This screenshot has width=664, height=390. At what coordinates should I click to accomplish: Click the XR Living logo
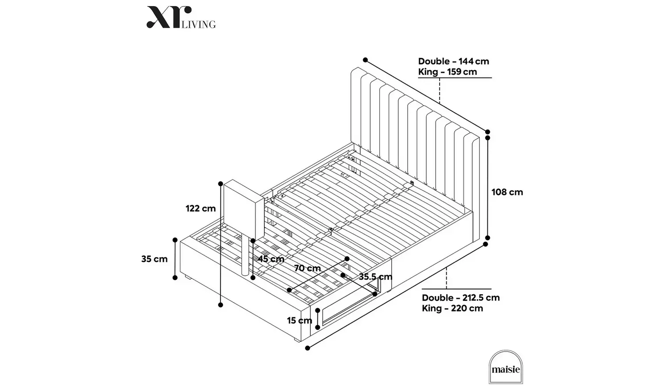click(x=181, y=18)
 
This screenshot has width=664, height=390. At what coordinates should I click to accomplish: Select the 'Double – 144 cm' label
click(x=453, y=61)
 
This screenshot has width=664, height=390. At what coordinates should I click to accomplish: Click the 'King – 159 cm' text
click(x=448, y=72)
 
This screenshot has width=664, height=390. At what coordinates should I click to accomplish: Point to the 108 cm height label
click(x=507, y=192)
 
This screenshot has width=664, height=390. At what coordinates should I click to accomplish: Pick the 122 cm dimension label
click(x=201, y=208)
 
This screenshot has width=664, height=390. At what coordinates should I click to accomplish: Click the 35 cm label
click(x=154, y=259)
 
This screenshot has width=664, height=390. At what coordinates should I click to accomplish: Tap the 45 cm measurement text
click(x=271, y=259)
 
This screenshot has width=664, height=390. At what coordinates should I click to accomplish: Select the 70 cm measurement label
click(x=307, y=268)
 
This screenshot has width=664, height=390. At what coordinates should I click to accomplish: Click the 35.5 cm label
click(x=375, y=277)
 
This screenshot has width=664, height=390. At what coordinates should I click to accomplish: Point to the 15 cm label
click(x=299, y=320)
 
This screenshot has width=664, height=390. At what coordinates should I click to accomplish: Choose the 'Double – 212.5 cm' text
click(x=460, y=298)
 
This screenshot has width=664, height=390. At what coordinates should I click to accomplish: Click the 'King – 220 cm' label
click(x=452, y=308)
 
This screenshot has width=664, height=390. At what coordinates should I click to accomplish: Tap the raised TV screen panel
click(x=241, y=208)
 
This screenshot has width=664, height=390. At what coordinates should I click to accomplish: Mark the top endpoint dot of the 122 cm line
click(x=220, y=183)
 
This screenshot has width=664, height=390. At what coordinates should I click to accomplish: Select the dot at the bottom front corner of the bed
click(x=308, y=348)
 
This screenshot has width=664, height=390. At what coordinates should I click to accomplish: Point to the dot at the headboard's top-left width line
click(x=365, y=60)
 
